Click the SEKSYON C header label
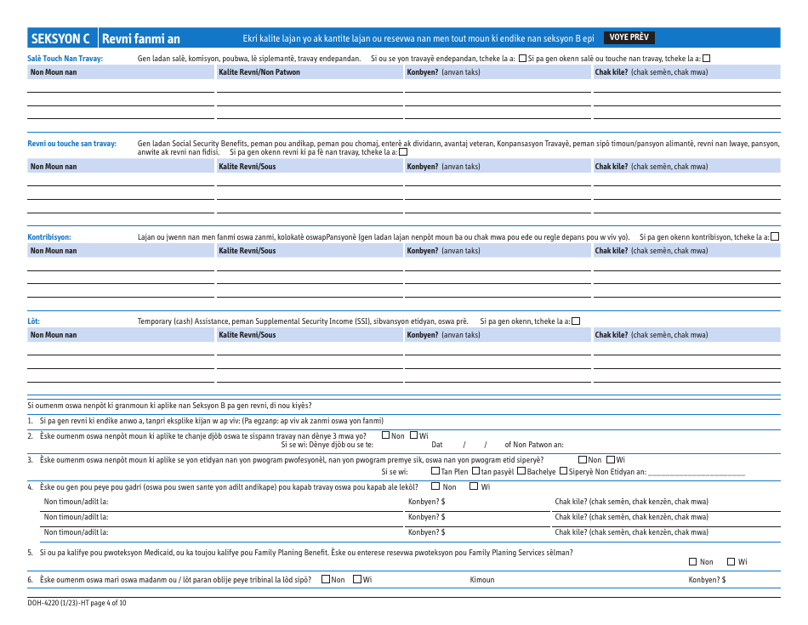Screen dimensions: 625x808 coord(60,38)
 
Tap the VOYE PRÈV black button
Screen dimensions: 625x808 coord(629,37)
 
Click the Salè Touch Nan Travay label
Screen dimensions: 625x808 coord(65,59)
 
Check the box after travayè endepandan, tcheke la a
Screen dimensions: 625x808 coord(523,59)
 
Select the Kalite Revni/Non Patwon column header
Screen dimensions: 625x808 coord(259,72)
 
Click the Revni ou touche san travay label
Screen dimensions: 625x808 coord(72,144)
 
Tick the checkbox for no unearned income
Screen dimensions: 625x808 coord(403,152)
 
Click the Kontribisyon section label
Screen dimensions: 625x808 coord(49,237)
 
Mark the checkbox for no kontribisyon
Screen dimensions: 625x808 coord(774,237)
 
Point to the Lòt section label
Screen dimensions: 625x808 coord(34,321)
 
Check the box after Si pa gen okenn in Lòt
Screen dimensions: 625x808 coord(576,321)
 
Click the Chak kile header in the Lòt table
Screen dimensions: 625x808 coord(652,335)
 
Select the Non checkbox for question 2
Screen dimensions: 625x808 coord(386,435)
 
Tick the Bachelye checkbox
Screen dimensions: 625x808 coord(521,471)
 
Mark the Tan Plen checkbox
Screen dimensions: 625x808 coord(435,471)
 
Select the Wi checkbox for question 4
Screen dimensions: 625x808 coord(475,486)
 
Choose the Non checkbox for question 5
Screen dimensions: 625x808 coord(692,561)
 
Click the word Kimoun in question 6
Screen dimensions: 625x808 coord(482,580)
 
